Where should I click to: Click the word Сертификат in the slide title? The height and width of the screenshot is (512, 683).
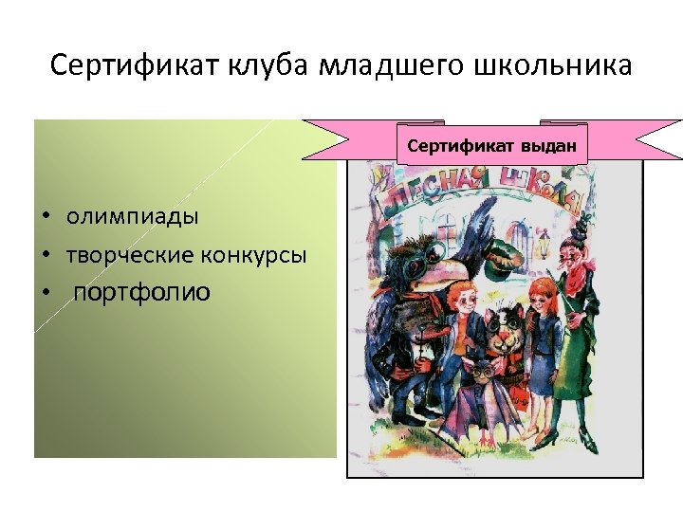134,67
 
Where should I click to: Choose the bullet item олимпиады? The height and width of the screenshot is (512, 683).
133,216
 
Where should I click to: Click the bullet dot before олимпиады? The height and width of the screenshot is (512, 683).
45,217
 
